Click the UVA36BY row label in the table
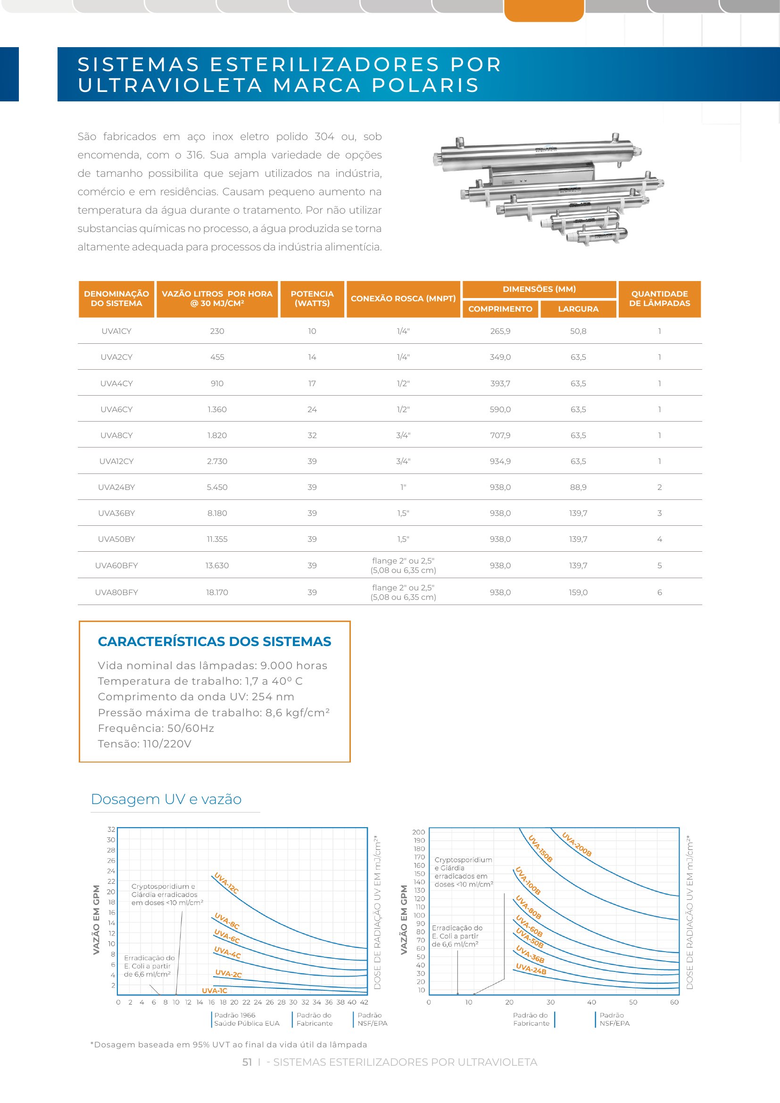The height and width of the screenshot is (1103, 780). coord(116,513)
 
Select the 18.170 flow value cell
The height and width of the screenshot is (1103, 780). coord(217,592)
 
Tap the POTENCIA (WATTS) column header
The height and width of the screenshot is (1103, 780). coord(312,299)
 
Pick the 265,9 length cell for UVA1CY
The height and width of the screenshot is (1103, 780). coord(500,331)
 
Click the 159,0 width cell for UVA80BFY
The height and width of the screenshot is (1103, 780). coord(578,592)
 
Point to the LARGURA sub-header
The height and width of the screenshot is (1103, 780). coord(578,309)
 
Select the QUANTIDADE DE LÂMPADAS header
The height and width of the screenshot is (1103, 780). coord(659,299)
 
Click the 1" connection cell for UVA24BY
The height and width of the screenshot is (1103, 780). coord(404,487)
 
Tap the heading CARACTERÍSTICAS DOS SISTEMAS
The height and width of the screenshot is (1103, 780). coord(215,641)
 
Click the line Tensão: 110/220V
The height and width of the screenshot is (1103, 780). coord(145,744)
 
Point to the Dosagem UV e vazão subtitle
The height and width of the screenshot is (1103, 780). coord(166,799)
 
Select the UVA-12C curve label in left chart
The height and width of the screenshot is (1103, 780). coord(226,882)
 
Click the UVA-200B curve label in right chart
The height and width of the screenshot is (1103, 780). coord(577,844)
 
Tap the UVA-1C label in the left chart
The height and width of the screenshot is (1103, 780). coord(214,991)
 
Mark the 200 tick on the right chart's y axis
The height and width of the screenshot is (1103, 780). coord(418,832)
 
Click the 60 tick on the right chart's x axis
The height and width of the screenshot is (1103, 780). coord(674,1002)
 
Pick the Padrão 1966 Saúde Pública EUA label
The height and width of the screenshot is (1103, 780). coord(246,1019)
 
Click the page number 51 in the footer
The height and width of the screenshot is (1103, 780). coord(247,1062)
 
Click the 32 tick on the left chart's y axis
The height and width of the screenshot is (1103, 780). coord(111,829)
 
